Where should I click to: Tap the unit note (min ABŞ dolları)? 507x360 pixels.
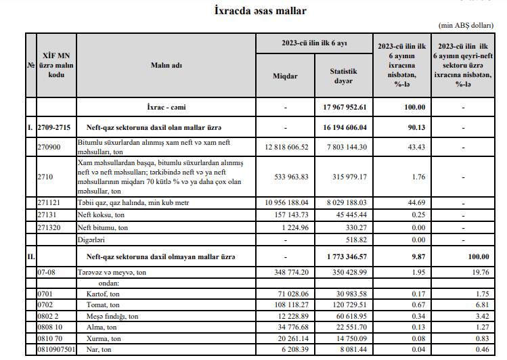pos(466,25)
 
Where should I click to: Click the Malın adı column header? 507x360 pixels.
pos(166,65)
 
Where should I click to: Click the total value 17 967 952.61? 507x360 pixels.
pos(345,107)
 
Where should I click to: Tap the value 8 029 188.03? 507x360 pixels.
pos(345,202)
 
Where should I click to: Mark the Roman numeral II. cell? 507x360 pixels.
pos(30,256)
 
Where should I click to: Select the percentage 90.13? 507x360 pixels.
pos(404,127)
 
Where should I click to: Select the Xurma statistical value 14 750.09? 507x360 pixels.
pos(349,338)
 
